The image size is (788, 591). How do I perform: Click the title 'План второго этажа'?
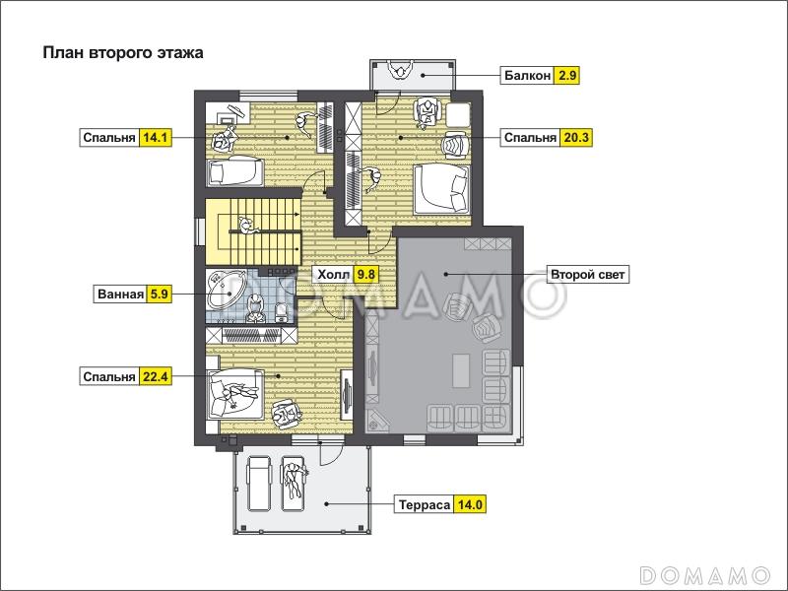(123, 53)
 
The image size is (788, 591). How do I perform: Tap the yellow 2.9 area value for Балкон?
(566, 76)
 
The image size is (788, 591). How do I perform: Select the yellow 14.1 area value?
(156, 138)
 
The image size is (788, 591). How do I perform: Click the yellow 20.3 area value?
(576, 138)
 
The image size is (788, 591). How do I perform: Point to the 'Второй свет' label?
(587, 275)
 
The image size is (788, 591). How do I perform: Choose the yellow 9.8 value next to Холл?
(365, 275)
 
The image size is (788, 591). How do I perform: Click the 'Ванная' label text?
(120, 294)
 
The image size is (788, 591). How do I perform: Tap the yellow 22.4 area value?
(156, 376)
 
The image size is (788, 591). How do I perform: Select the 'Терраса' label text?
(425, 504)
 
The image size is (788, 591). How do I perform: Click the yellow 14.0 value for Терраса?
(471, 504)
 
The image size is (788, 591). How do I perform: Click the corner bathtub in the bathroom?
(225, 291)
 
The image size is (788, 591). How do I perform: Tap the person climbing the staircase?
(247, 227)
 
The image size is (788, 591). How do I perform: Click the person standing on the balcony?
(401, 69)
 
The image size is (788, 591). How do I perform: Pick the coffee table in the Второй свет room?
(461, 370)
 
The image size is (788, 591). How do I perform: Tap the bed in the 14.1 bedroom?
(235, 171)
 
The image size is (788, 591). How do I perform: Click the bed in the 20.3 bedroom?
(441, 190)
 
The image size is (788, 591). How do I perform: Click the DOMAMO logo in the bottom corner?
(705, 574)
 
